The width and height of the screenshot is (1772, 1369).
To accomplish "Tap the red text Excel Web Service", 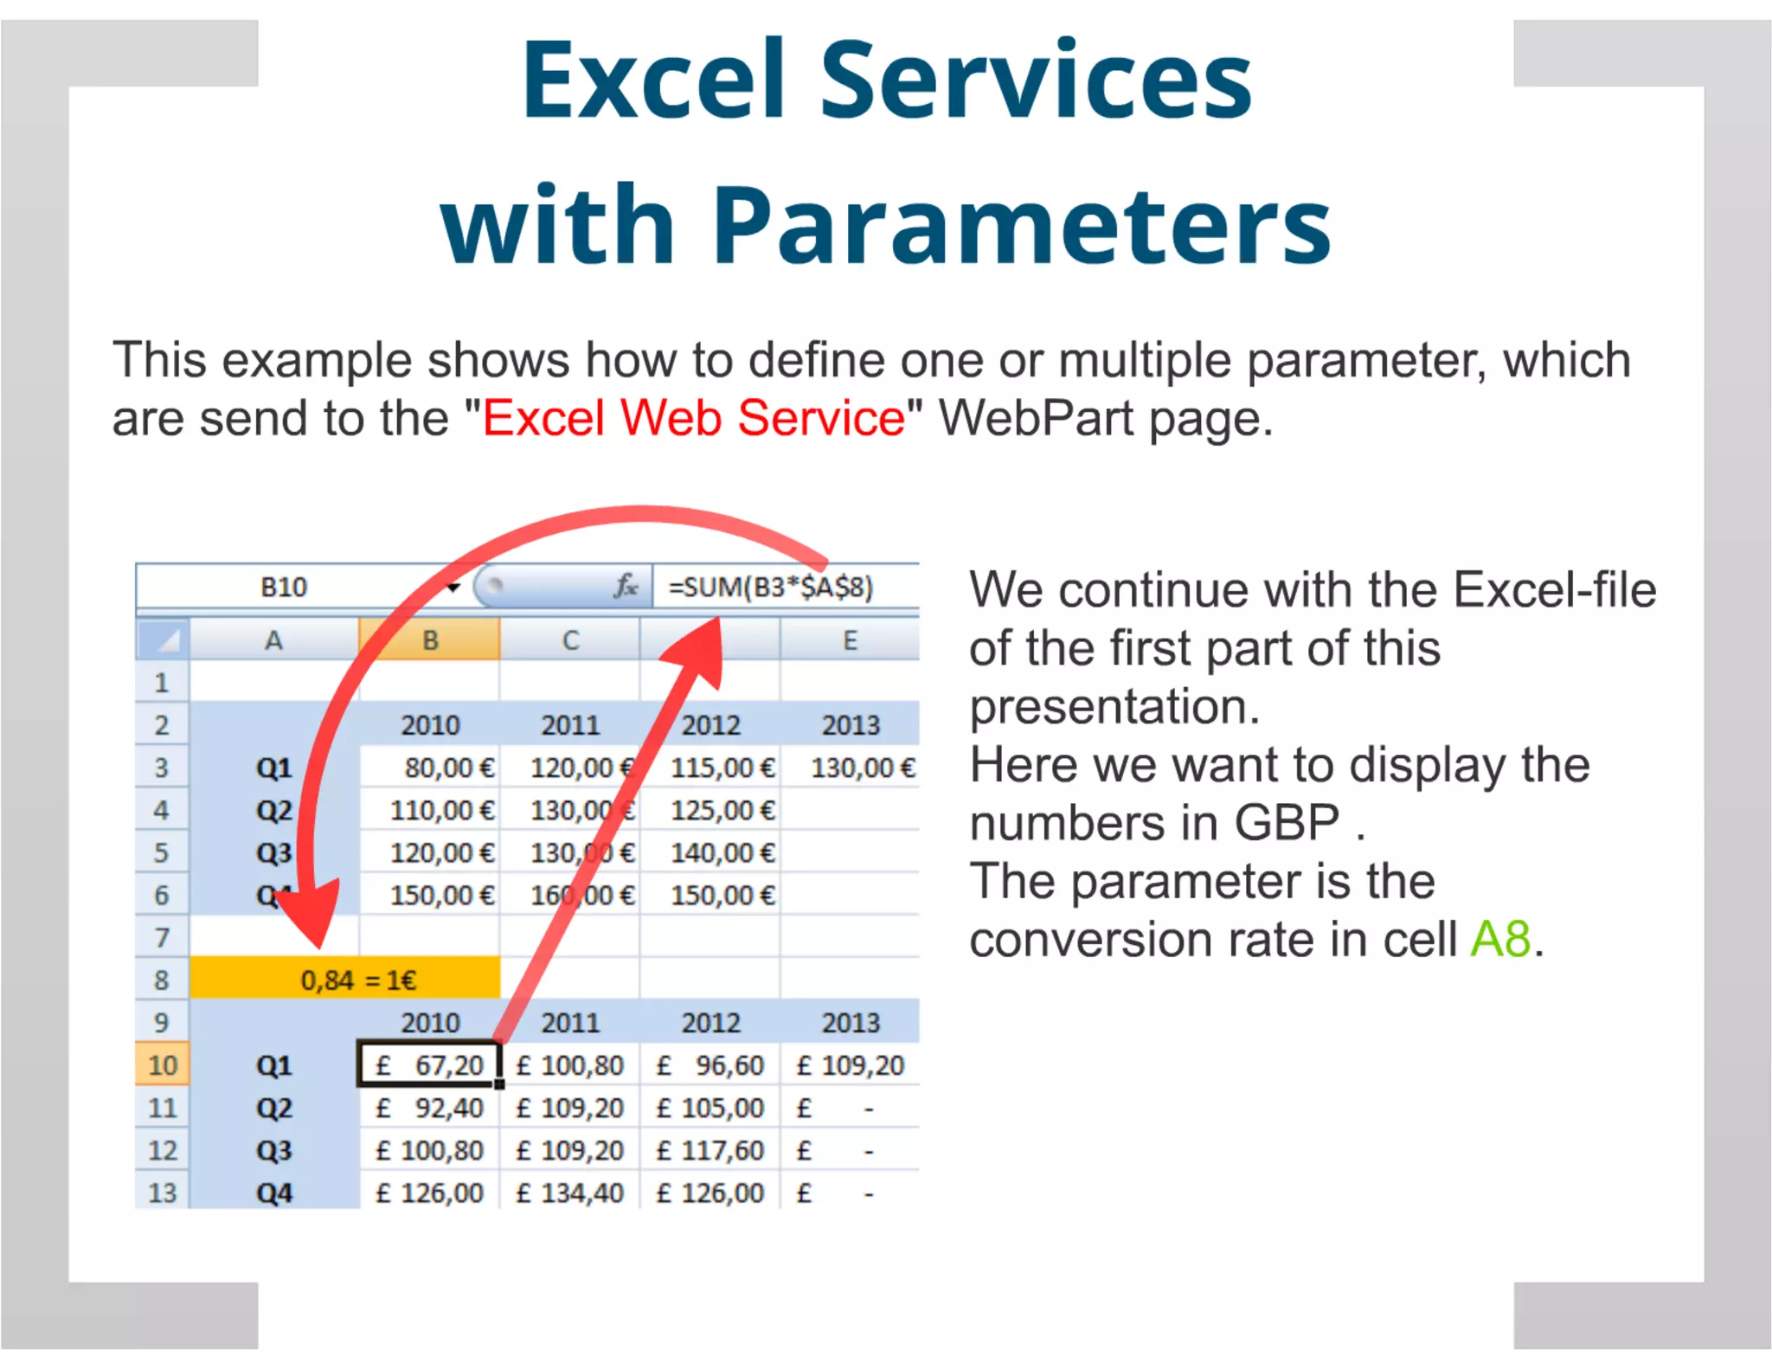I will click(693, 418).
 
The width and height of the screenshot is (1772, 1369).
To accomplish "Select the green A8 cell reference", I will click(1500, 939).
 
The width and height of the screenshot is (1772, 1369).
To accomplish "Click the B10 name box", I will click(284, 588).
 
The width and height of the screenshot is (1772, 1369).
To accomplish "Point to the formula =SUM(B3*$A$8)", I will click(770, 588).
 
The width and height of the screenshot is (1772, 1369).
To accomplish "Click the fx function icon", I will click(625, 587).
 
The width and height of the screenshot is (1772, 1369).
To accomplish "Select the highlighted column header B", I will click(430, 640).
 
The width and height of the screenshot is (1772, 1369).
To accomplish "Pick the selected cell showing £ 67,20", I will click(430, 1064).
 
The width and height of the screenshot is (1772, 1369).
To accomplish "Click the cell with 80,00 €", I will click(448, 768).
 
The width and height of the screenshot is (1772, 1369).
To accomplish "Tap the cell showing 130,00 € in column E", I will click(862, 768).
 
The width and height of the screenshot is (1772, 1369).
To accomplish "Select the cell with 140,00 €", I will click(722, 852).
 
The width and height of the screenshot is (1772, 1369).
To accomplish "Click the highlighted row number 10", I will click(162, 1064).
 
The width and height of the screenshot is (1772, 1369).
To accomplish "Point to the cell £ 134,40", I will click(570, 1192).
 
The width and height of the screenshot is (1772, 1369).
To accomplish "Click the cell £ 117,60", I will click(710, 1150).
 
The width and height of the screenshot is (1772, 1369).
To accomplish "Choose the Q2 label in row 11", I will click(273, 1108).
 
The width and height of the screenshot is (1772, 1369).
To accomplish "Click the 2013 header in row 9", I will click(851, 1022).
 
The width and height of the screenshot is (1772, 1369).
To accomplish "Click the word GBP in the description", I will click(1287, 822).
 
